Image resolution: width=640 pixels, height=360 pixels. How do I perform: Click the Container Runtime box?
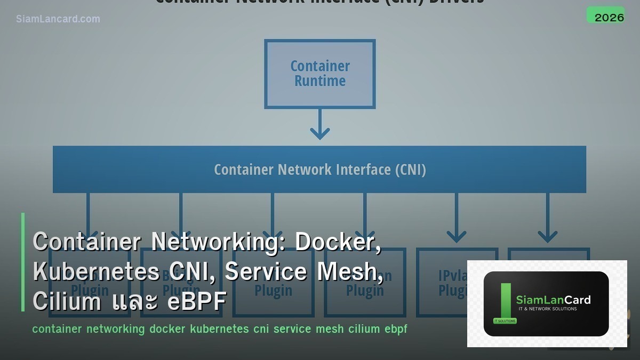point(320,74)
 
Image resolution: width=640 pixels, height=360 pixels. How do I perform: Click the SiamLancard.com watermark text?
point(58,19)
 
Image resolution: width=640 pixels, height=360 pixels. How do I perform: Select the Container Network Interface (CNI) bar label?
point(320,170)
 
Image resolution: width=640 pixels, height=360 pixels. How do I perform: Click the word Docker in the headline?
point(338,242)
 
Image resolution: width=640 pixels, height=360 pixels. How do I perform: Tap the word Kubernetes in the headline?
point(96,272)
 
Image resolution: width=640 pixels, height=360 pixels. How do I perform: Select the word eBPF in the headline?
point(197,301)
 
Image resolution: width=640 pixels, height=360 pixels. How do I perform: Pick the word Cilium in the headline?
point(67,301)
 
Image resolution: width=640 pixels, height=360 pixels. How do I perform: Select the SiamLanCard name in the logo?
point(553,300)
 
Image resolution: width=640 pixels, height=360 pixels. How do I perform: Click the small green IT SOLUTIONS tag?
point(505,321)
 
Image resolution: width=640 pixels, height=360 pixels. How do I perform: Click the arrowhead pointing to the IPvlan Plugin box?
point(457,236)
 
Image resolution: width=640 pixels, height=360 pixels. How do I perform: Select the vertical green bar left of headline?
point(23,262)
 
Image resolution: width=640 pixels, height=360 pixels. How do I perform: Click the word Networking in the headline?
point(219,242)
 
